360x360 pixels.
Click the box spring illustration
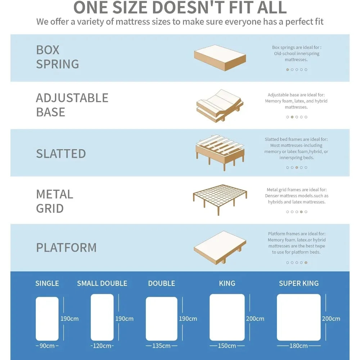tap(220, 58)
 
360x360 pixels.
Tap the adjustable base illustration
tap(220, 106)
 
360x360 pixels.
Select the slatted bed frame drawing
tap(220, 153)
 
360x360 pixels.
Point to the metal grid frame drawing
tap(220, 200)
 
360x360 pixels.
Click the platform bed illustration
tap(220, 248)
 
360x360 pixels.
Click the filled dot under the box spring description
tap(287, 69)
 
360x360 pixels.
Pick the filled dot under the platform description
tap(306, 262)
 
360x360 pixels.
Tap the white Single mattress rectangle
tap(47, 319)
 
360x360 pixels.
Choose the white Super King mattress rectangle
tap(299, 317)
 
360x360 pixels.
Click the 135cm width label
tap(161, 346)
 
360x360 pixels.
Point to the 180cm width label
tap(298, 346)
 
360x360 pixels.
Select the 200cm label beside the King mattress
tap(255, 319)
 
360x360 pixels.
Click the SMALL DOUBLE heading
tap(102, 283)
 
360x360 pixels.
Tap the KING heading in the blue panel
tap(227, 283)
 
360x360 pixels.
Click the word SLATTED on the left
tap(61, 154)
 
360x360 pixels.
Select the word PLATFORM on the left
tap(66, 248)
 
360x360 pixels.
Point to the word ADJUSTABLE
tap(72, 98)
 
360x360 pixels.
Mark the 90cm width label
tap(47, 346)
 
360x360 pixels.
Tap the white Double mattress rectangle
tap(162, 319)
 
